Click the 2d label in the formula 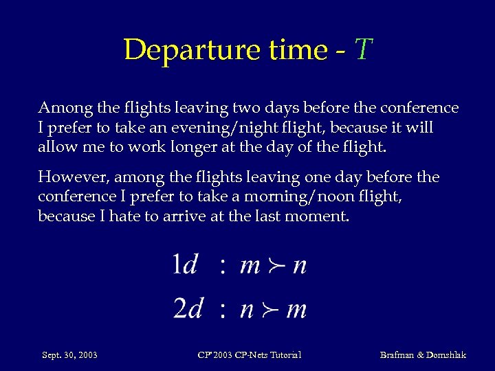pyautogui.click(x=187, y=309)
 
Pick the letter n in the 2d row pyautogui.click(x=247, y=311)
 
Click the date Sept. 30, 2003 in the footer pyautogui.click(x=69, y=355)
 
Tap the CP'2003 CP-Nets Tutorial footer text pyautogui.click(x=249, y=355)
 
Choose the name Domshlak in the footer pyautogui.click(x=442, y=355)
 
